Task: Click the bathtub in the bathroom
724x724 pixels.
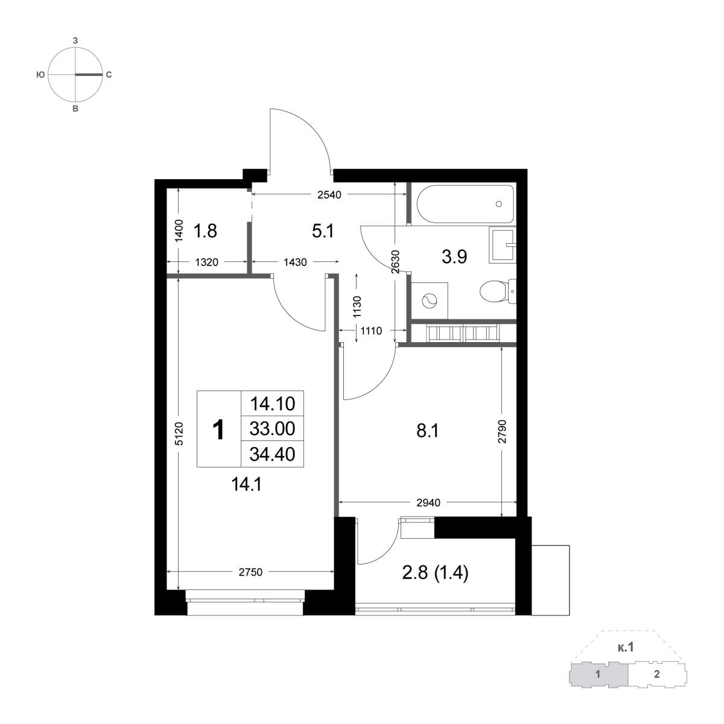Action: click(465, 204)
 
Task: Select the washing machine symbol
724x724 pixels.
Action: click(430, 300)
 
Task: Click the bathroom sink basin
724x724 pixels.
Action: click(503, 244)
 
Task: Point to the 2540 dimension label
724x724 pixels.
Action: click(329, 195)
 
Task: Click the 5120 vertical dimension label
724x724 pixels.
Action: click(180, 434)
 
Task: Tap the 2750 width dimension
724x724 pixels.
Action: click(250, 572)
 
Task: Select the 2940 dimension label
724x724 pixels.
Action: click(428, 503)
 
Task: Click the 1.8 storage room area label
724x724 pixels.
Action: click(205, 230)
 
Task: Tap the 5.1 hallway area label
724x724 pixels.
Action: click(323, 230)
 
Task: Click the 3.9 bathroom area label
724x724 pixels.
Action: click(455, 257)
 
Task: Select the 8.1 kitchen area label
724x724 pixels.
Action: click(428, 431)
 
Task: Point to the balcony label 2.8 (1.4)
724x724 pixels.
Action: click(435, 573)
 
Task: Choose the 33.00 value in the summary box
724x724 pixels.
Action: click(272, 429)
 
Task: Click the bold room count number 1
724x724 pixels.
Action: click(218, 430)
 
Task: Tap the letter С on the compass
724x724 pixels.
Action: click(109, 75)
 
